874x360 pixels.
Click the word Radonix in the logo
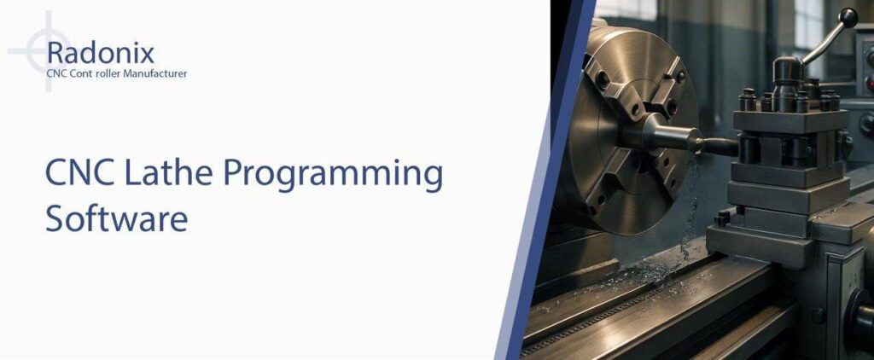101,53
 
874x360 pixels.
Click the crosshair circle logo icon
42,51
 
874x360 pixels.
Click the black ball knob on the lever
848,18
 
